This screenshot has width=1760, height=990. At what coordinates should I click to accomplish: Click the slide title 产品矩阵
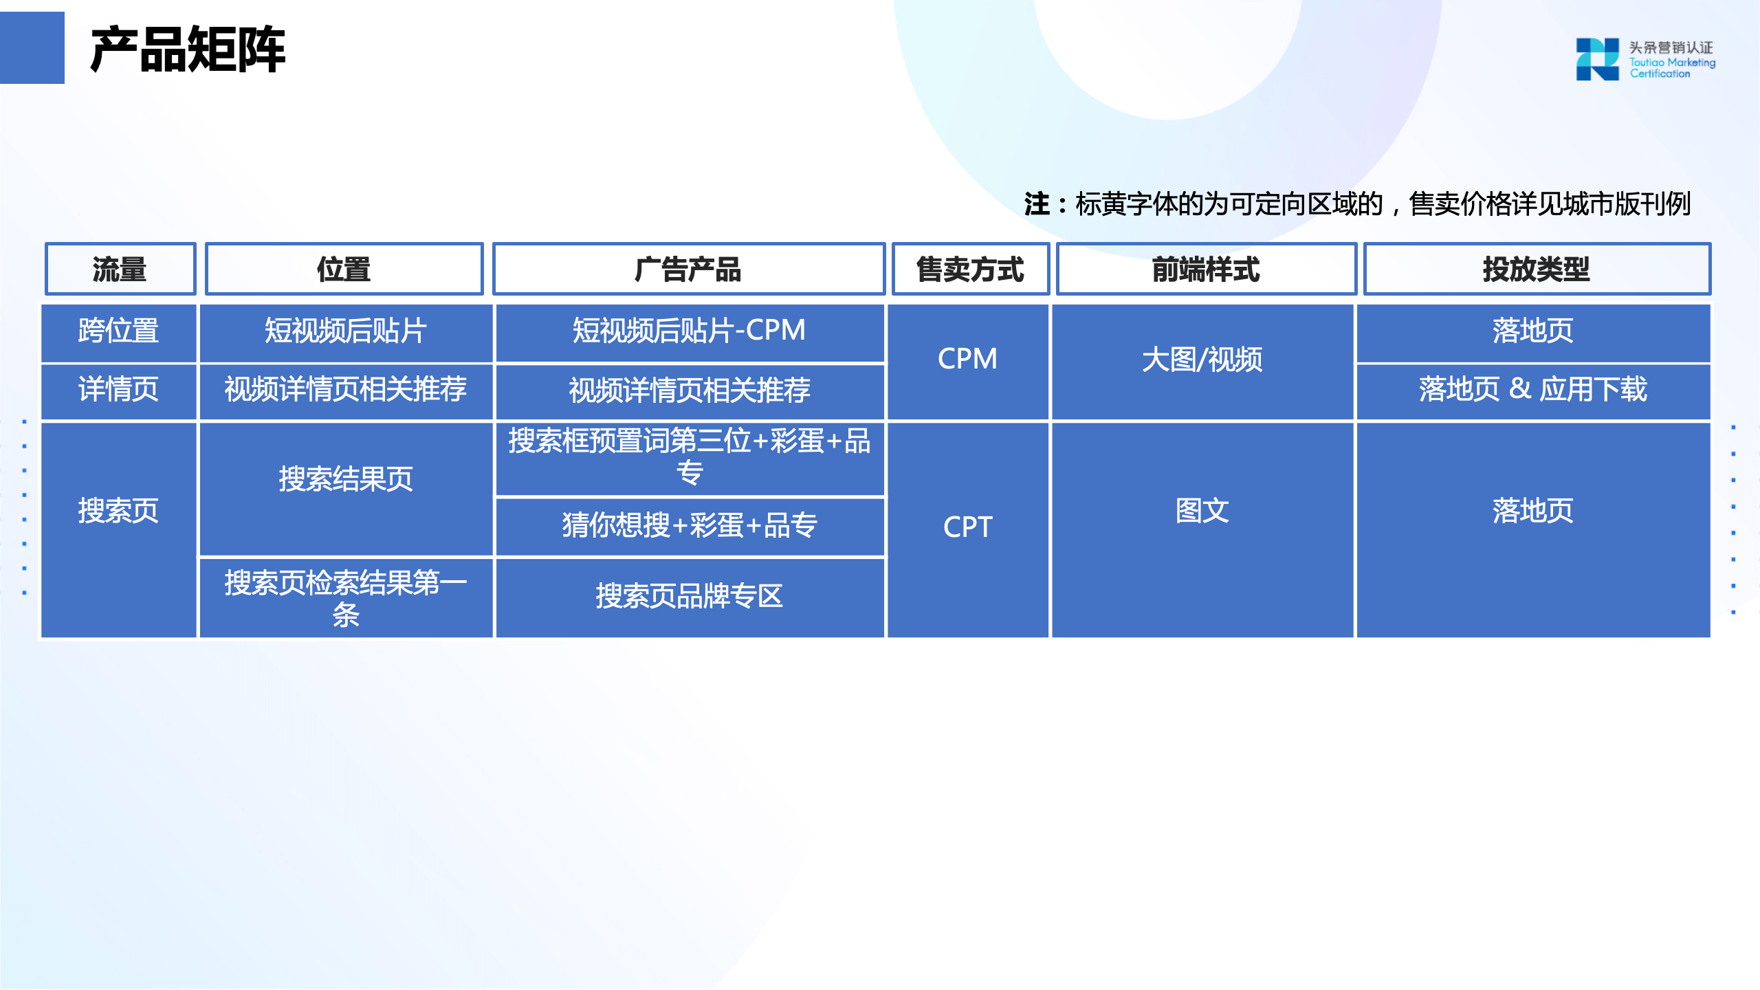pos(188,49)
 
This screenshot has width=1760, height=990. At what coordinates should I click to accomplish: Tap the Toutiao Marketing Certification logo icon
pos(1597,59)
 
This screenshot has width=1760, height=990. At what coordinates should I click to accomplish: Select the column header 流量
pos(120,269)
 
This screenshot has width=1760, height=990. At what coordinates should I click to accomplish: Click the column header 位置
pos(344,269)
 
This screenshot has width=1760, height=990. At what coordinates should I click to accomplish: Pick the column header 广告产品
pos(688,269)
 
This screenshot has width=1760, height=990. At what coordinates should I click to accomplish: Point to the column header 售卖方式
pos(970,269)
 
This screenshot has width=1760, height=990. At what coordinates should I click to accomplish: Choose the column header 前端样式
pos(1206,269)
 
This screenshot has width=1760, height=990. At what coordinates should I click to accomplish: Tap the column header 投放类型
pos(1537,269)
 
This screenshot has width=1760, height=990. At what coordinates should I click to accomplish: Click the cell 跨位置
pos(118,331)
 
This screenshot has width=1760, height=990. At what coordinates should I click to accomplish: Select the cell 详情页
pos(118,390)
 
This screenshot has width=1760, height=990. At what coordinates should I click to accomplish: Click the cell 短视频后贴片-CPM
pos(689,331)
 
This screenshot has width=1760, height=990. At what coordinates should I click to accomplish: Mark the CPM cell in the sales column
pos(967,360)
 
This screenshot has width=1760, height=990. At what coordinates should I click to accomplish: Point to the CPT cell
pos(967,527)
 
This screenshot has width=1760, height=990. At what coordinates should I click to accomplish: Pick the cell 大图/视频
pos(1202,360)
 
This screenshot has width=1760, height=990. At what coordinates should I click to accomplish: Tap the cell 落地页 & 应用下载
pos(1532,390)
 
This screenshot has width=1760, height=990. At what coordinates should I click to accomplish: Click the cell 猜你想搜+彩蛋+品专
pos(689,526)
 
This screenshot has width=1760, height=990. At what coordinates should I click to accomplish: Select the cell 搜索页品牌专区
pos(689,597)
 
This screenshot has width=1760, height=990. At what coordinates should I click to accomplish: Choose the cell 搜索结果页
pos(346,479)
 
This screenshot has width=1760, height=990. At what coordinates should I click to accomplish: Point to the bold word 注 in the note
pos(1037,204)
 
